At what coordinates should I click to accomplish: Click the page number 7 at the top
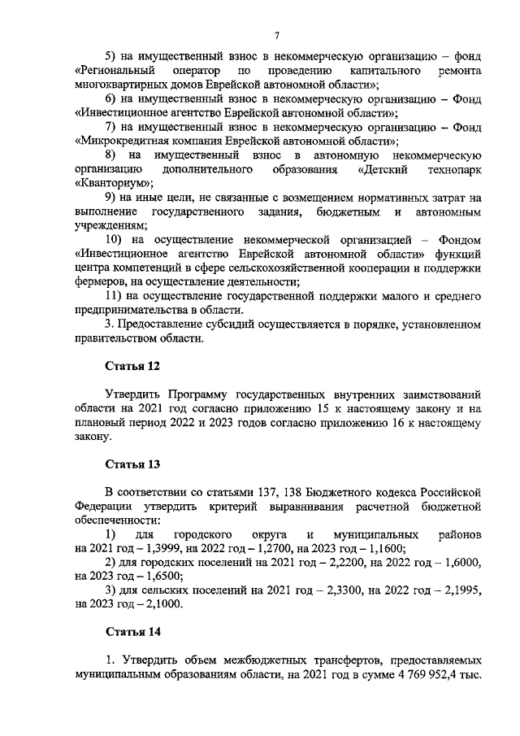276,34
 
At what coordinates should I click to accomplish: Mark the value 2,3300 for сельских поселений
324,590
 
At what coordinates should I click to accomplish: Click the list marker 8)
114,155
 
